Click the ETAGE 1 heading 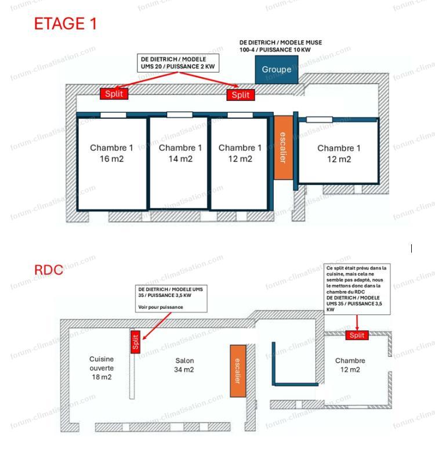(66, 24)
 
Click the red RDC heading (49, 270)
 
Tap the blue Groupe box (277, 70)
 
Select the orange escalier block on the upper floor (282, 147)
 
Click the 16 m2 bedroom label (111, 153)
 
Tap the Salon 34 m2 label (184, 365)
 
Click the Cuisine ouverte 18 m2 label (101, 368)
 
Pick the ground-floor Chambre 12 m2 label (350, 365)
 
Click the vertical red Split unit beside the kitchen (135, 342)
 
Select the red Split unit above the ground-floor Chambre (357, 335)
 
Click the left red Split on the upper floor (114, 93)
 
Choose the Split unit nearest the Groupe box (240, 95)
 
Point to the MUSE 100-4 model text (281, 46)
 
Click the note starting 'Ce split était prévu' (356, 288)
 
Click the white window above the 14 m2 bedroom (180, 114)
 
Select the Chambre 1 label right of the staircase (339, 153)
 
